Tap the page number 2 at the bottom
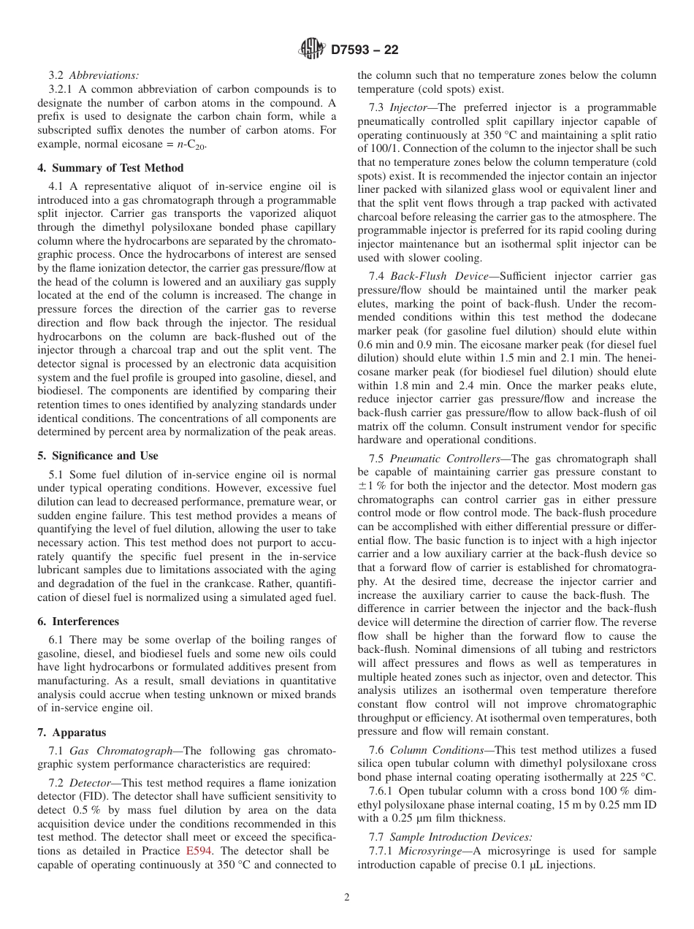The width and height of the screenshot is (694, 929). [347, 898]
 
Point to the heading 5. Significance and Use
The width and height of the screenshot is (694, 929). [97, 456]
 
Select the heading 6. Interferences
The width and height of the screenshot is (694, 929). [78, 622]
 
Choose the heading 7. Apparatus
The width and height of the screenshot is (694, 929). [72, 733]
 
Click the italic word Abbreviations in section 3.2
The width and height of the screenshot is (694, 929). [104, 74]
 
